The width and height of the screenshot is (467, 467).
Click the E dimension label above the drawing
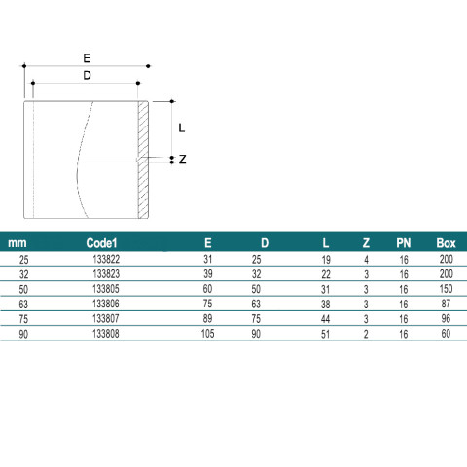(x=87, y=58)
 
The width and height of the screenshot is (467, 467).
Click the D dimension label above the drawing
(x=87, y=76)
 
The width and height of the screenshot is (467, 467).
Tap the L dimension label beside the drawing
(x=182, y=128)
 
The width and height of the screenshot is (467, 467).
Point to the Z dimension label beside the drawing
(x=183, y=160)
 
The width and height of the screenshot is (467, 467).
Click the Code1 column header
(x=101, y=243)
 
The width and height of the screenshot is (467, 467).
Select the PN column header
(x=404, y=243)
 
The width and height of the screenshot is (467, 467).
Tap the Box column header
(x=446, y=243)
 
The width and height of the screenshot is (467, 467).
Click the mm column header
(x=18, y=243)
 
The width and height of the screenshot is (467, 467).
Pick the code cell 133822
(x=106, y=259)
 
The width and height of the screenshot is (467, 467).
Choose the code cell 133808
(x=106, y=334)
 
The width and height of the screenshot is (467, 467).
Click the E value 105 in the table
(x=207, y=334)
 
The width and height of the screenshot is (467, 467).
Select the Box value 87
(x=446, y=304)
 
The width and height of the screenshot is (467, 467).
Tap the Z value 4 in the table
(x=366, y=260)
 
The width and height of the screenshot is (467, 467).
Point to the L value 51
(x=325, y=334)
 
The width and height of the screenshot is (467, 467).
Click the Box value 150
(x=447, y=289)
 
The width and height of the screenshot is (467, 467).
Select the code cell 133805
(x=106, y=289)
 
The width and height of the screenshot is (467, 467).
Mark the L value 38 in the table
(x=325, y=305)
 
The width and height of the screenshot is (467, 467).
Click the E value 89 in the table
(x=207, y=318)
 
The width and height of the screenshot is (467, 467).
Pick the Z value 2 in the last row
(x=366, y=334)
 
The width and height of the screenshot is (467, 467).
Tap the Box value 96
(x=446, y=318)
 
